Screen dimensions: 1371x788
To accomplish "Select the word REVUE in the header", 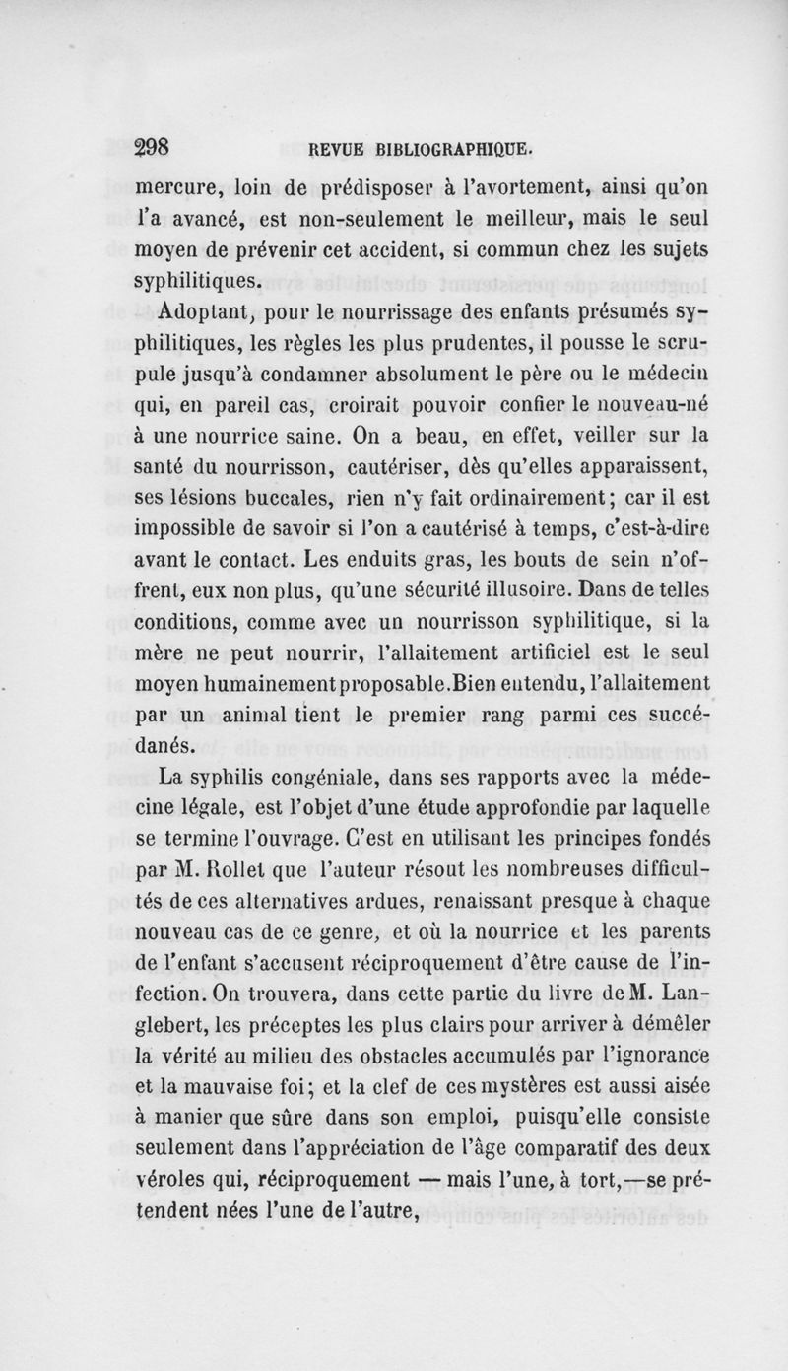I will tap(338, 151).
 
